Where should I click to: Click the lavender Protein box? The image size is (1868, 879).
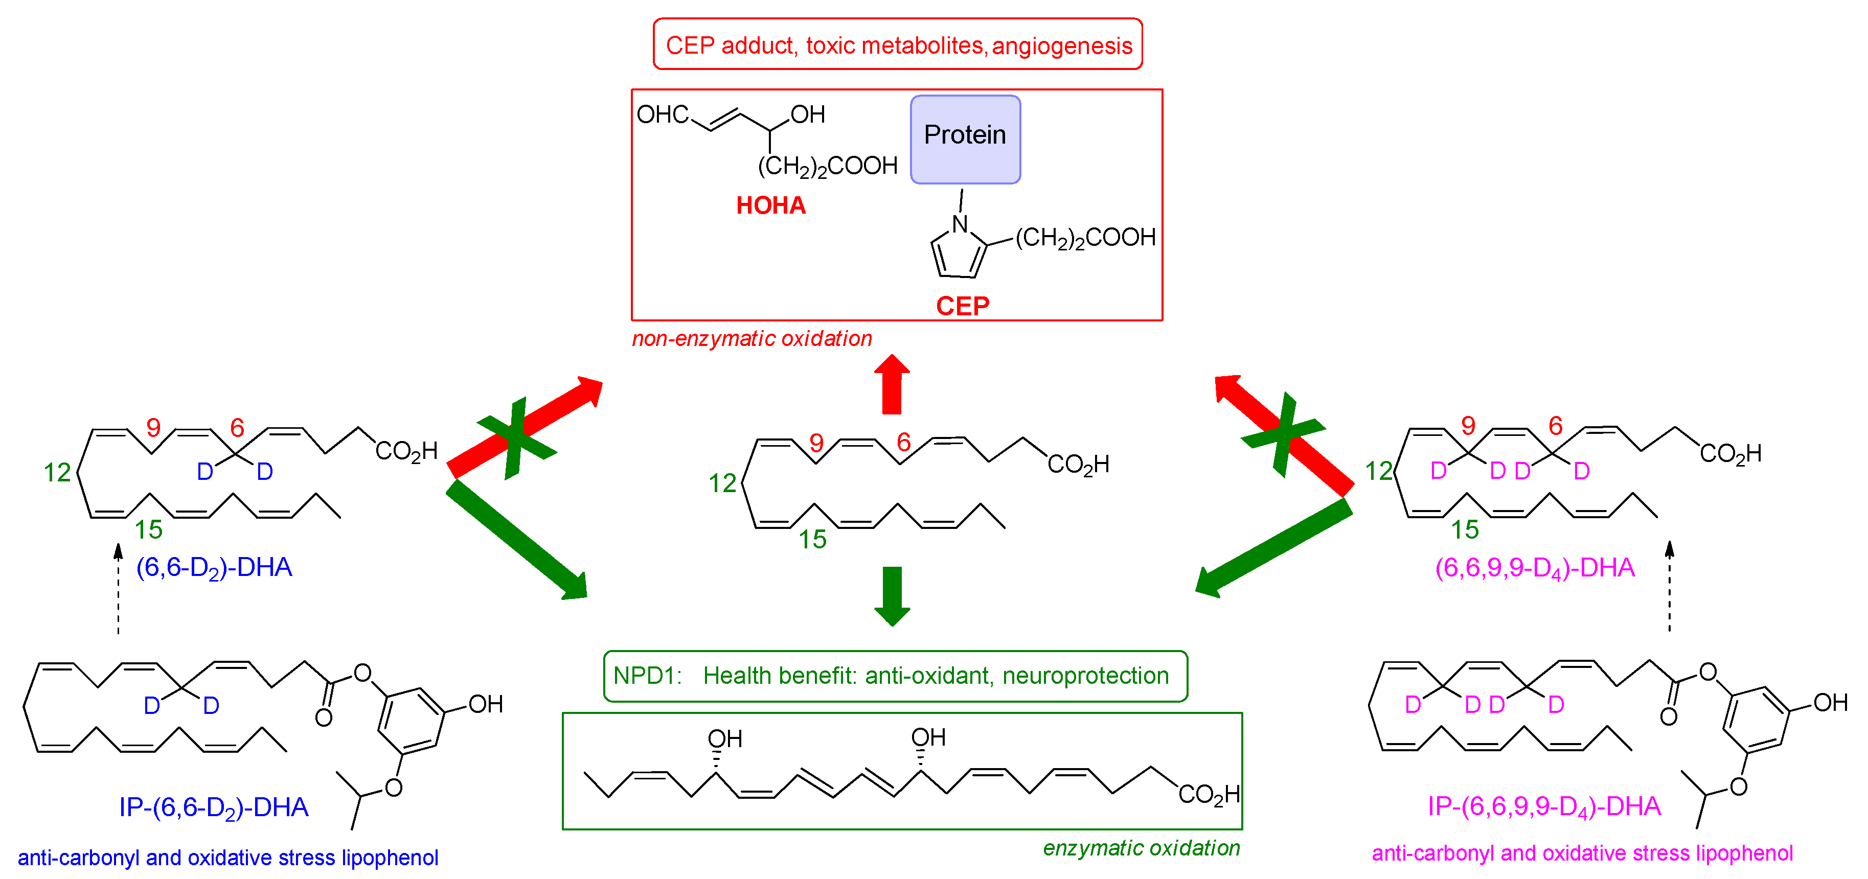(x=965, y=139)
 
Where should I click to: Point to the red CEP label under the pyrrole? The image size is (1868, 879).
(x=962, y=306)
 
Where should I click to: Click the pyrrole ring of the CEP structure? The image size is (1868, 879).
(x=957, y=253)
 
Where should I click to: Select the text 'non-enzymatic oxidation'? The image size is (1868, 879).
(x=751, y=338)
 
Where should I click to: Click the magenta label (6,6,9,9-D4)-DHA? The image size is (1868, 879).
(x=1535, y=567)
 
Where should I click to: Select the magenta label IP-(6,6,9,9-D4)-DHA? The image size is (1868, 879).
(x=1543, y=806)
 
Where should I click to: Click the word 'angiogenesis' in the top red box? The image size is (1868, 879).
(x=1062, y=45)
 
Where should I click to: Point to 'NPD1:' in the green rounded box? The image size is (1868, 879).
(x=647, y=676)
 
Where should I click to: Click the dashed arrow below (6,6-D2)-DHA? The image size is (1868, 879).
(x=118, y=591)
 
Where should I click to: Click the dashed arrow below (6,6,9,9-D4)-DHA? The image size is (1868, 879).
(x=1669, y=587)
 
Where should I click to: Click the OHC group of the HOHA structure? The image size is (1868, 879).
(x=662, y=114)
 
